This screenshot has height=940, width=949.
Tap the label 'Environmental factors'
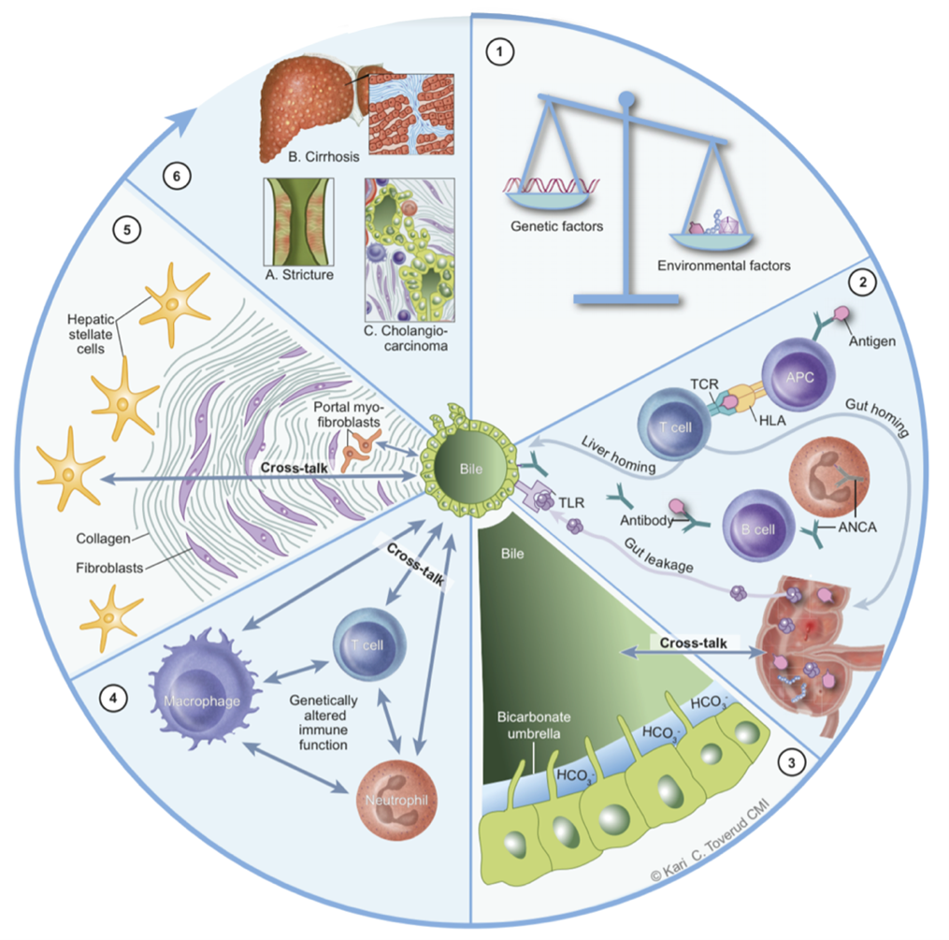[x=724, y=265]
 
